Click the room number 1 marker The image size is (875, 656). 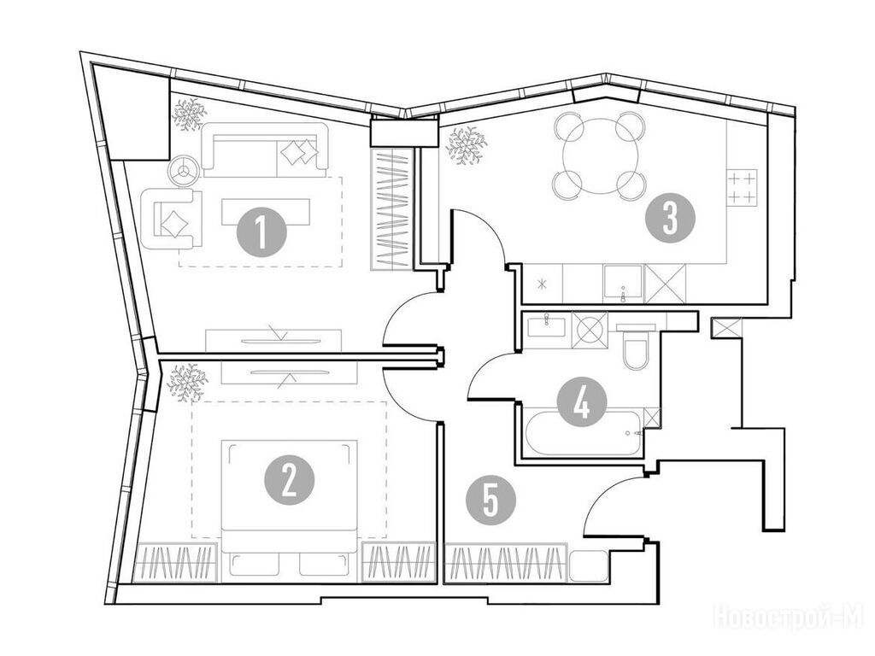coord(261,232)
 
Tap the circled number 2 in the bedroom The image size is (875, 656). coord(289,481)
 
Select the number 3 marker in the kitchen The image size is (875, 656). coord(670,218)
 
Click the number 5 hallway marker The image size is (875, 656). coord(490,500)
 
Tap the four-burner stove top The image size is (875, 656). coord(743,187)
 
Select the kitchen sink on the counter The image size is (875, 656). coord(623,284)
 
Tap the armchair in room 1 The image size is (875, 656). coord(172,218)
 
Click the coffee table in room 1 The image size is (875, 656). coord(267,212)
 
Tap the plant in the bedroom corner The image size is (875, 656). coord(187,383)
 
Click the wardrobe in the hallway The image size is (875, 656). coord(506,563)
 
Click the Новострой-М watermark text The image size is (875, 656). coord(788,618)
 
